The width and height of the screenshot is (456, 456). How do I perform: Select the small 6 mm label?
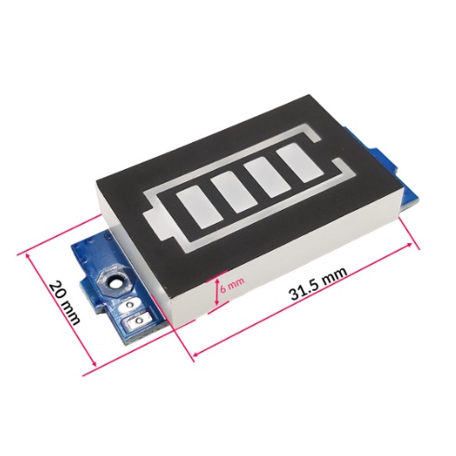tap(233, 281)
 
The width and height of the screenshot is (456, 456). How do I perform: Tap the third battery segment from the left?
tap(270, 177)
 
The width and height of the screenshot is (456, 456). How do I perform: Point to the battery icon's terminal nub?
tap(151, 225)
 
